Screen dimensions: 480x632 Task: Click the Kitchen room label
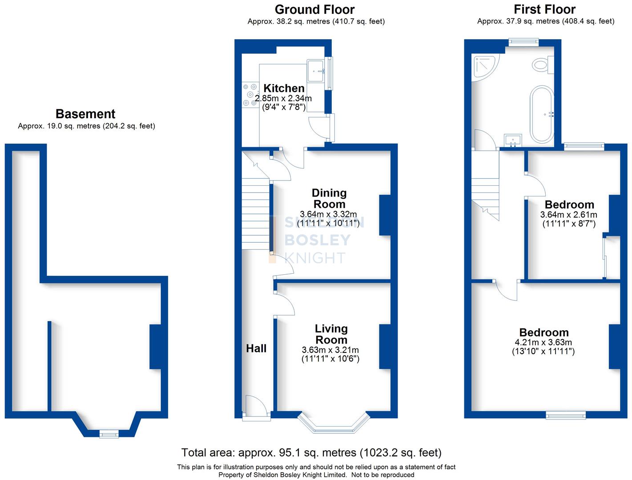(284, 88)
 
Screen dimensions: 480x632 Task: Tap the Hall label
(256, 348)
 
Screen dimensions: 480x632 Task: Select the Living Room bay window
(334, 424)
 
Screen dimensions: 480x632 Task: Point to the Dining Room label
(329, 198)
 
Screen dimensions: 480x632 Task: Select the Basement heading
(85, 114)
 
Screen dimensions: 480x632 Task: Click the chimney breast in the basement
(155, 347)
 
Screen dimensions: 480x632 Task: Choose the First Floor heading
(544, 9)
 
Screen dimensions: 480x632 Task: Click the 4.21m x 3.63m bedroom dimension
(544, 342)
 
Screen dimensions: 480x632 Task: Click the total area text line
(311, 452)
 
